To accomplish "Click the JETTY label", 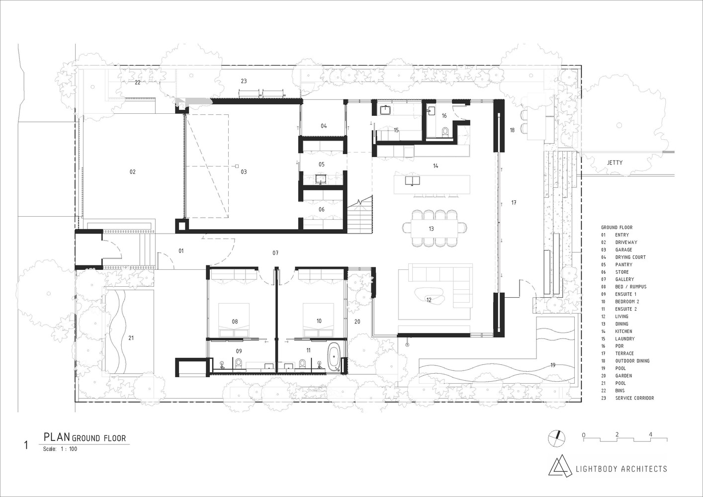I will point(615,163).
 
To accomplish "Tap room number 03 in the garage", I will point(244,172).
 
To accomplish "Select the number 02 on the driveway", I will point(132,172).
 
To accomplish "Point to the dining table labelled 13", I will point(432,229).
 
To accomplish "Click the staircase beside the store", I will point(360,214).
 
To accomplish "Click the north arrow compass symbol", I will point(556,437).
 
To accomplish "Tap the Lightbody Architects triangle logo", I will point(559,466).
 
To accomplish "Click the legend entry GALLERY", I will point(624,279).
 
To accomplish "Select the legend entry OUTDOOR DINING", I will point(632,361).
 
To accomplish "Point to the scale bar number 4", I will point(650,434).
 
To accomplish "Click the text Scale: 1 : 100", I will point(60,449).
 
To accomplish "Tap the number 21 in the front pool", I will point(131,338).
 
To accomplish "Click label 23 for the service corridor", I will point(244,81).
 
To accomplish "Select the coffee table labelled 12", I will point(429,296).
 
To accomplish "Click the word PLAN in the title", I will point(57,437).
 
